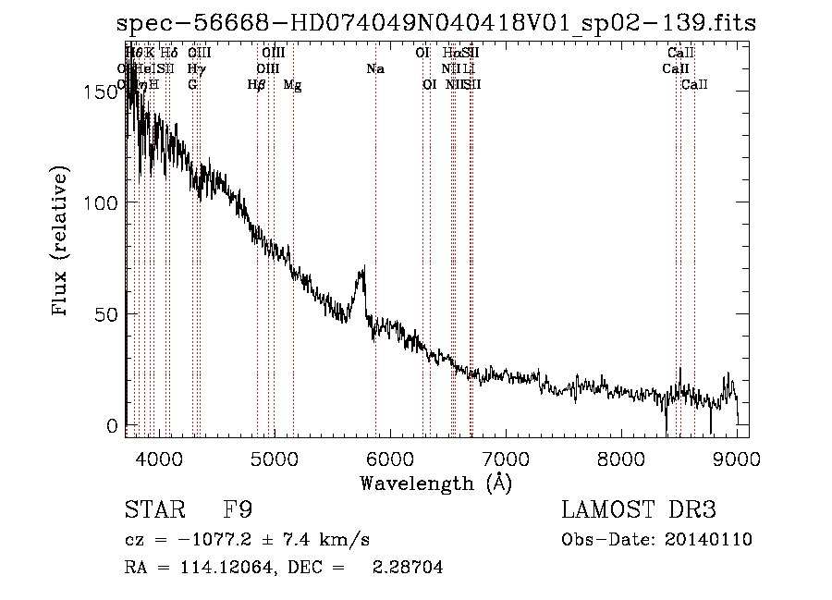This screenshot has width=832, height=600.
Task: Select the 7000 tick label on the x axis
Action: pyautogui.click(x=506, y=457)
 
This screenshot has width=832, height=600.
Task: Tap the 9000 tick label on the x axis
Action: pyautogui.click(x=737, y=457)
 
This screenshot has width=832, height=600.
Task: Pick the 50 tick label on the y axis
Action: pyautogui.click(x=110, y=314)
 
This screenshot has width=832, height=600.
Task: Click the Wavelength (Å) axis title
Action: pyautogui.click(x=435, y=483)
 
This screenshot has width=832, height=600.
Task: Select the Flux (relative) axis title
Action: pyautogui.click(x=62, y=242)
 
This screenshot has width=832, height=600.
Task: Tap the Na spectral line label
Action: pyautogui.click(x=375, y=69)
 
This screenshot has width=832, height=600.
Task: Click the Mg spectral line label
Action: pyautogui.click(x=292, y=85)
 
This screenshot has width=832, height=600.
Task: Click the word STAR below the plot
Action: pyautogui.click(x=153, y=510)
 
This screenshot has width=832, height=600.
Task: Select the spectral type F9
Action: pyautogui.click(x=238, y=510)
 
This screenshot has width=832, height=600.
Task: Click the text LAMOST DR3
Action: pyautogui.click(x=639, y=510)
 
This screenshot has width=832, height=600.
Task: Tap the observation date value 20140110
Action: pyautogui.click(x=709, y=540)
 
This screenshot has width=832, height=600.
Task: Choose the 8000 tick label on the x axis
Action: pyautogui.click(x=621, y=457)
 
